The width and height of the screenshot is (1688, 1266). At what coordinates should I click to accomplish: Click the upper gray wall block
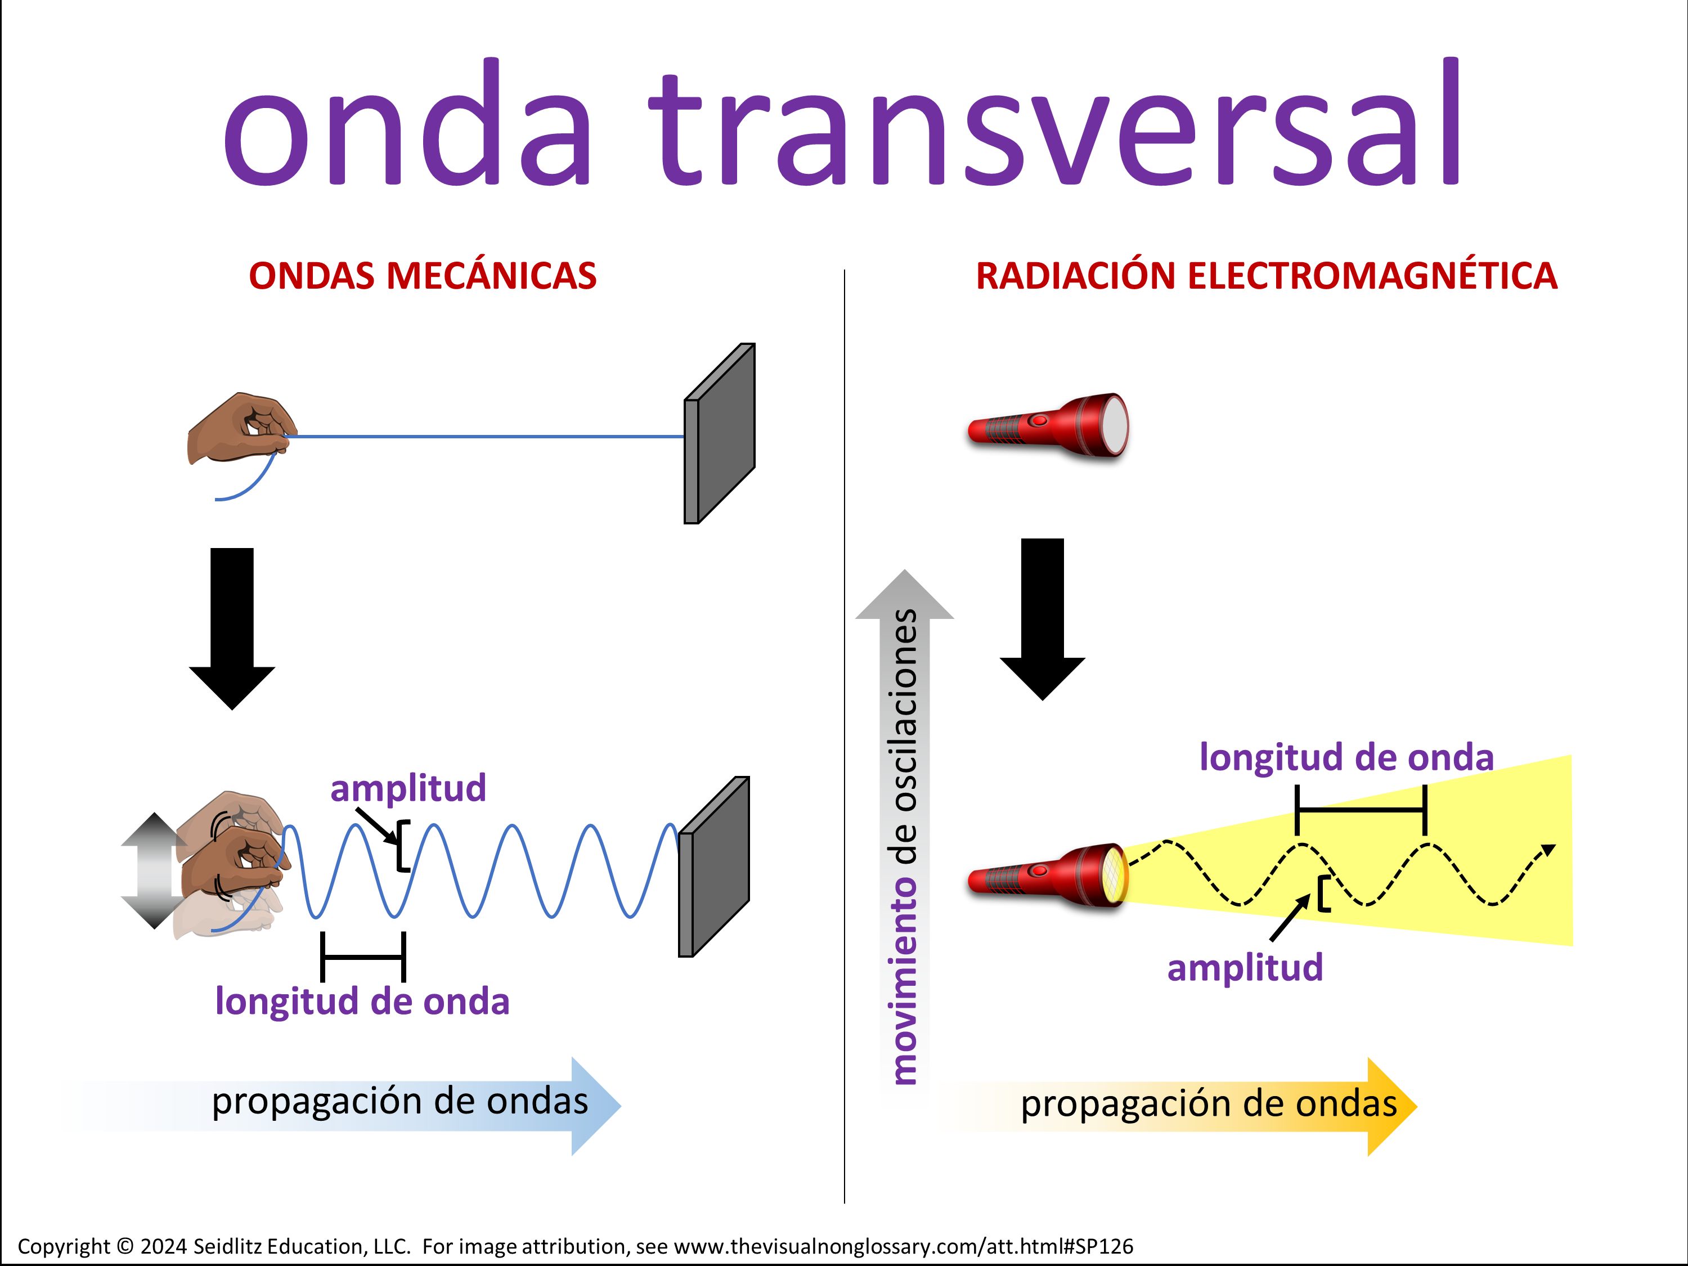pyautogui.click(x=720, y=433)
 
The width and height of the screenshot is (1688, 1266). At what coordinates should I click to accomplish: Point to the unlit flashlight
pyautogui.click(x=1048, y=426)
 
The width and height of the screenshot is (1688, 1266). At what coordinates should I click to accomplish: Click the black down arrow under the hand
pyautogui.click(x=232, y=628)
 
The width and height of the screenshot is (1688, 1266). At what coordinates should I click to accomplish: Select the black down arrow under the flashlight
pyautogui.click(x=1043, y=619)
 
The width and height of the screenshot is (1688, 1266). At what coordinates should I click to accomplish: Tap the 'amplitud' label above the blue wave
pyautogui.click(x=408, y=788)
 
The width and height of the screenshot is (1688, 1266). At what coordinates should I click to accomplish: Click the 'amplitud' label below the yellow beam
pyautogui.click(x=1245, y=968)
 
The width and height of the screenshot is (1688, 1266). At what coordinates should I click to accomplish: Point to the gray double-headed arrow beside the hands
pyautogui.click(x=154, y=870)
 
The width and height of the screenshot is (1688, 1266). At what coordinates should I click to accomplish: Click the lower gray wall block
pyautogui.click(x=714, y=866)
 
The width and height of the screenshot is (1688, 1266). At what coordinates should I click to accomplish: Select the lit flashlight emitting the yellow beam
pyautogui.click(x=1048, y=876)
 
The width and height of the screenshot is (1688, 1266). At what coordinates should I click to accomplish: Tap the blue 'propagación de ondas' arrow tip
pyautogui.click(x=619, y=1106)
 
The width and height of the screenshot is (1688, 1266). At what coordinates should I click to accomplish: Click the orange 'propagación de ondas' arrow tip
pyautogui.click(x=1416, y=1107)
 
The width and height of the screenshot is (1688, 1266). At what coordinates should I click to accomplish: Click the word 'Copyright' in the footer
pyautogui.click(x=64, y=1246)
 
